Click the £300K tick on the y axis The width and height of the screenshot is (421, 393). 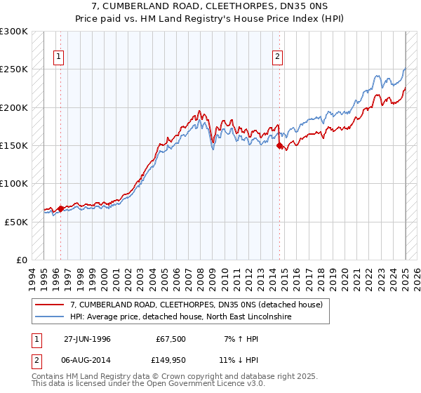tap(14, 32)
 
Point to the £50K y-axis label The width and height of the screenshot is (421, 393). tap(16, 222)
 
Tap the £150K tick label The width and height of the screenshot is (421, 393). tap(14, 146)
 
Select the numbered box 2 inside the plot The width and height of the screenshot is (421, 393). tap(278, 58)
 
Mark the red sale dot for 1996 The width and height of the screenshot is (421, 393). tap(61, 208)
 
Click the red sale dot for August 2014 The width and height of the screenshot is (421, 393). tap(279, 146)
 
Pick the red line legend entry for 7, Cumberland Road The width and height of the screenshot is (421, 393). tap(196, 305)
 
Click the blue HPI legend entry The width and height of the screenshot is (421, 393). tap(181, 317)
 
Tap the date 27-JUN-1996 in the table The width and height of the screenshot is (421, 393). tap(87, 338)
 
